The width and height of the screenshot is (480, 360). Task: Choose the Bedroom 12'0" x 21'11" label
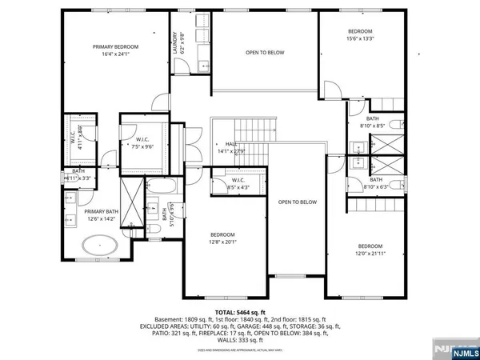[x=370, y=250]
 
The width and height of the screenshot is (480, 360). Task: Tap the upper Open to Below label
[x=264, y=53]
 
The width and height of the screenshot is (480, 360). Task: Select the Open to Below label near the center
[x=298, y=202]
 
